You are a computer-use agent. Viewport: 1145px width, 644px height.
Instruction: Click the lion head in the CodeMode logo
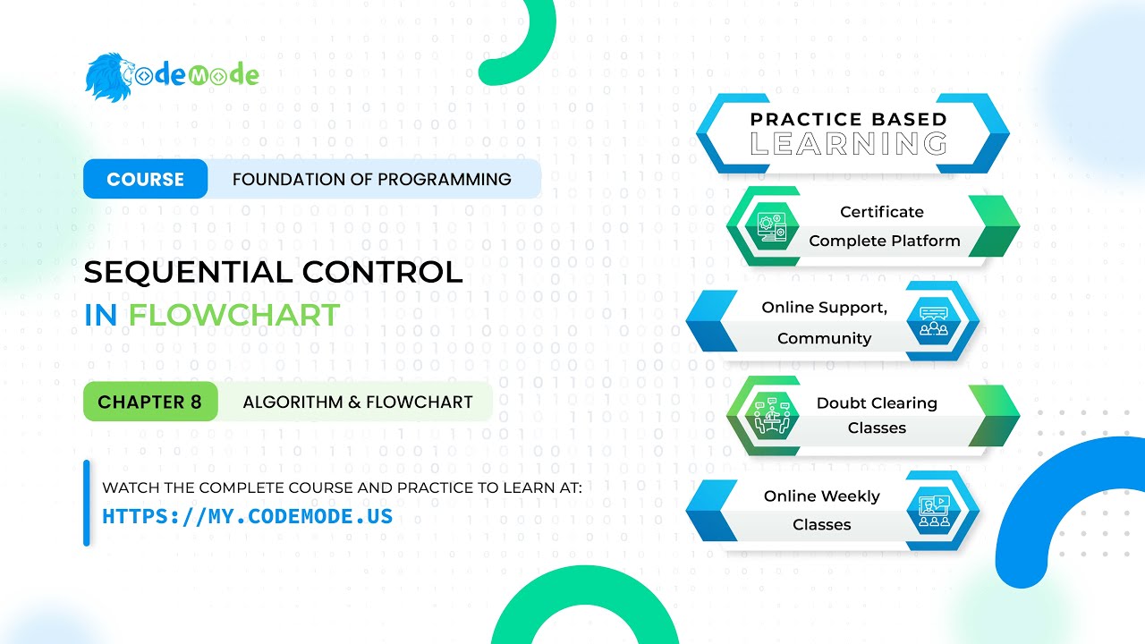108,76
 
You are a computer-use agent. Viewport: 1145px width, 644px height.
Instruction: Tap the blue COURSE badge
145,179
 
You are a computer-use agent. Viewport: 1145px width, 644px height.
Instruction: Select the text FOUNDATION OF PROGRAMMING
371,179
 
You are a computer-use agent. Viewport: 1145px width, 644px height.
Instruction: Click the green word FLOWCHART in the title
233,315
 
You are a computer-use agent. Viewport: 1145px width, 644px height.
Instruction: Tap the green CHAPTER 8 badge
149,402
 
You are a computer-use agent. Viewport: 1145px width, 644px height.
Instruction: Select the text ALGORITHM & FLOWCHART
357,402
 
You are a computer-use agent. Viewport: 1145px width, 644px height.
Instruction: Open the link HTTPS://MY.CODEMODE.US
247,516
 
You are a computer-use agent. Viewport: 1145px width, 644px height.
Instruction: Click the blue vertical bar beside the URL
87,503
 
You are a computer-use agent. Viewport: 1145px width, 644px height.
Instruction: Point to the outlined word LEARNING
848,143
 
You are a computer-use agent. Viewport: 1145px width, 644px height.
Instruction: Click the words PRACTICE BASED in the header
848,119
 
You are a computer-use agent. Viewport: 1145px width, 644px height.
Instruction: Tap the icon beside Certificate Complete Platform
769,227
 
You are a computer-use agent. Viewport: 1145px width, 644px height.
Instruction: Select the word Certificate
881,212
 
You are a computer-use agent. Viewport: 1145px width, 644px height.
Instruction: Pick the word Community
824,338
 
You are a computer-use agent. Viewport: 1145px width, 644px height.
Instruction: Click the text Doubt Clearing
877,403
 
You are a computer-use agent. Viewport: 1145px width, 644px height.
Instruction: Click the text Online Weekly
821,496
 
